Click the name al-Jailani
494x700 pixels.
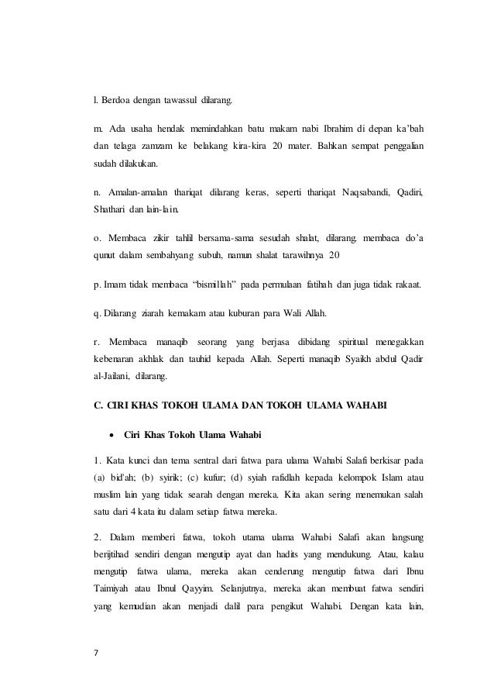(111, 378)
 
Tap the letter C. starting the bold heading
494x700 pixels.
(96, 407)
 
